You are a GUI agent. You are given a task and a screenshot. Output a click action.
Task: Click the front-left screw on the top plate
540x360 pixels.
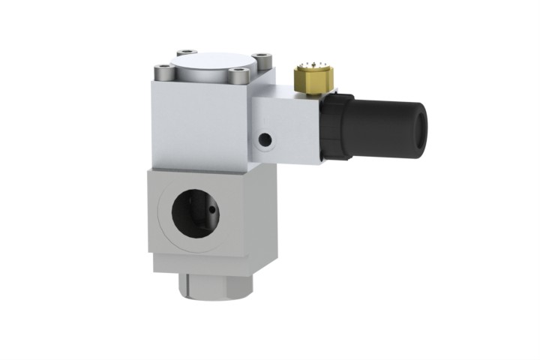click(x=163, y=73)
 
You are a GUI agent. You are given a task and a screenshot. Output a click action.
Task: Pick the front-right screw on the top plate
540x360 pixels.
click(x=238, y=75)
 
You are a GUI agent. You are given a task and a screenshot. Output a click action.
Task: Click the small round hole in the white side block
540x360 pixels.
click(x=263, y=139)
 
